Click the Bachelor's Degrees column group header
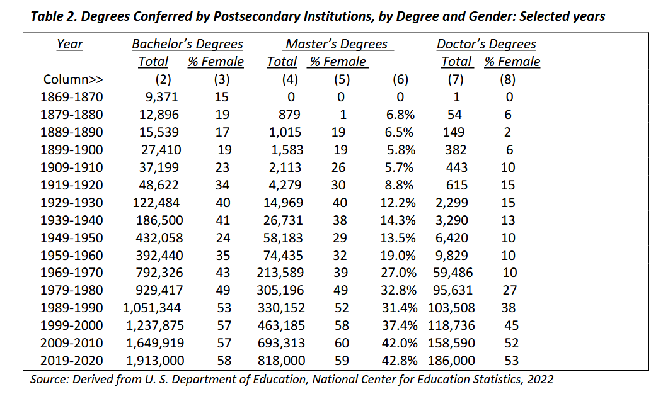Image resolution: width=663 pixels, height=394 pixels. coord(187,44)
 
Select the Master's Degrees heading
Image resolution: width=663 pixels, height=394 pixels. coord(337,44)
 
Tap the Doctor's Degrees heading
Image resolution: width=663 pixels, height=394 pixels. coord(486,44)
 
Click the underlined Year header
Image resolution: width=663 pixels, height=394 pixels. coord(69,44)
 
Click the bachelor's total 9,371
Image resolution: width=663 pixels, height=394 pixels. coord(162,97)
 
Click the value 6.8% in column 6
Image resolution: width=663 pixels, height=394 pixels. coord(400,115)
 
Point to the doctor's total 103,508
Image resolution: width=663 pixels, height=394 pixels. coord(451,308)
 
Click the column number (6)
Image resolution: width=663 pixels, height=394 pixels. coord(400,79)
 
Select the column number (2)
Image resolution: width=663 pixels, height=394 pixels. coord(163,79)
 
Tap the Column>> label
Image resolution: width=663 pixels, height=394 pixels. coord(73,79)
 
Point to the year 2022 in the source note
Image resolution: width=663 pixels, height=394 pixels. coord(540,380)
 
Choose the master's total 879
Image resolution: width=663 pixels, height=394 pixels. coord(289,115)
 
